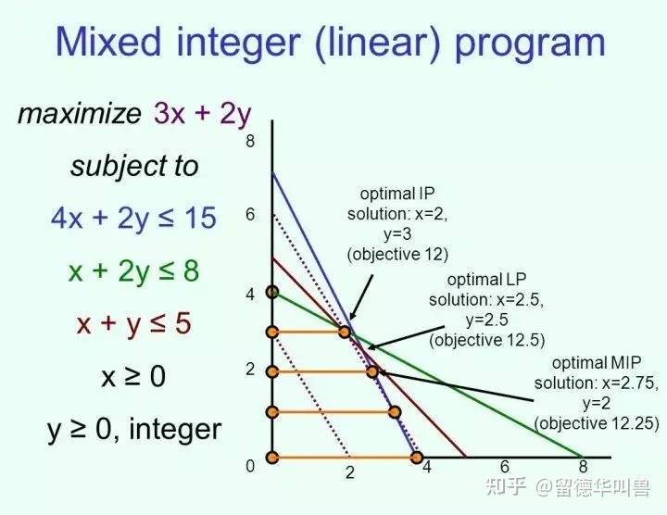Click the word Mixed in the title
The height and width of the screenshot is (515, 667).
[109, 42]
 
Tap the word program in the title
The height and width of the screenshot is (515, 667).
[530, 45]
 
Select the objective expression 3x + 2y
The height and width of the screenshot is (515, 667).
[203, 114]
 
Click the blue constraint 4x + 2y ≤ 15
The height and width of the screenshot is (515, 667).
[133, 219]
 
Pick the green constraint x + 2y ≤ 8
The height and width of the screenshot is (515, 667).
[133, 270]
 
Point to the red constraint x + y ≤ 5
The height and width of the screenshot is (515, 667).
[133, 323]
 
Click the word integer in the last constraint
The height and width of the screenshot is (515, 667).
[175, 429]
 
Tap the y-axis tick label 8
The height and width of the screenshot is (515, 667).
[250, 141]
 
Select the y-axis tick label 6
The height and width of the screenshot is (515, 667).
[250, 214]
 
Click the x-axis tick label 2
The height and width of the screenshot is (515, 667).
[349, 472]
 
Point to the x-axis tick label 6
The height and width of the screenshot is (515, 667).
[505, 467]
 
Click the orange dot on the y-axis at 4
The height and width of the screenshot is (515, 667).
[272, 292]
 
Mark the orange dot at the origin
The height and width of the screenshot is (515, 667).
[272, 458]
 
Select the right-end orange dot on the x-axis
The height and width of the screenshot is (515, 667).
[417, 458]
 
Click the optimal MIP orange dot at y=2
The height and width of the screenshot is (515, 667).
[372, 371]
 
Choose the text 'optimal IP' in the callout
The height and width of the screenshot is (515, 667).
[397, 194]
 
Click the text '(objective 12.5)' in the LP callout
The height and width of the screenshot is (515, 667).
[486, 340]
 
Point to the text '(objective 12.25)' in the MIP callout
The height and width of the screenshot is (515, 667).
[597, 423]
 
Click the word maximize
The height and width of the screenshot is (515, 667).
[79, 114]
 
